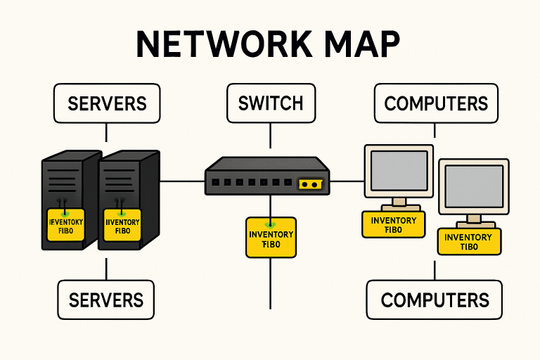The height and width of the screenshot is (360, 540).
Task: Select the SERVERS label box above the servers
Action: click(x=107, y=103)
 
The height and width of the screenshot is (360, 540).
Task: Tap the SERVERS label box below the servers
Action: click(x=105, y=300)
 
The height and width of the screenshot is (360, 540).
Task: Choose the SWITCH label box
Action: click(x=271, y=103)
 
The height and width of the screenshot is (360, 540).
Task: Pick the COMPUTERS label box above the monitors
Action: click(x=436, y=103)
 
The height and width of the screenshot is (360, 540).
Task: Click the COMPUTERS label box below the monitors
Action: click(x=435, y=300)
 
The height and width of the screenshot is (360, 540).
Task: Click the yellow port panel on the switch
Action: click(x=310, y=184)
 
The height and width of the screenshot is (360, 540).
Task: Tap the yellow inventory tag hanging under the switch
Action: click(x=271, y=237)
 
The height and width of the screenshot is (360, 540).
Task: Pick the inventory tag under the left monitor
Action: click(x=393, y=224)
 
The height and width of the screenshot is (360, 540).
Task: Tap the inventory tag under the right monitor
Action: click(x=468, y=241)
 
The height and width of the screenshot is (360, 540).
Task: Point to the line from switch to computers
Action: click(x=347, y=181)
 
